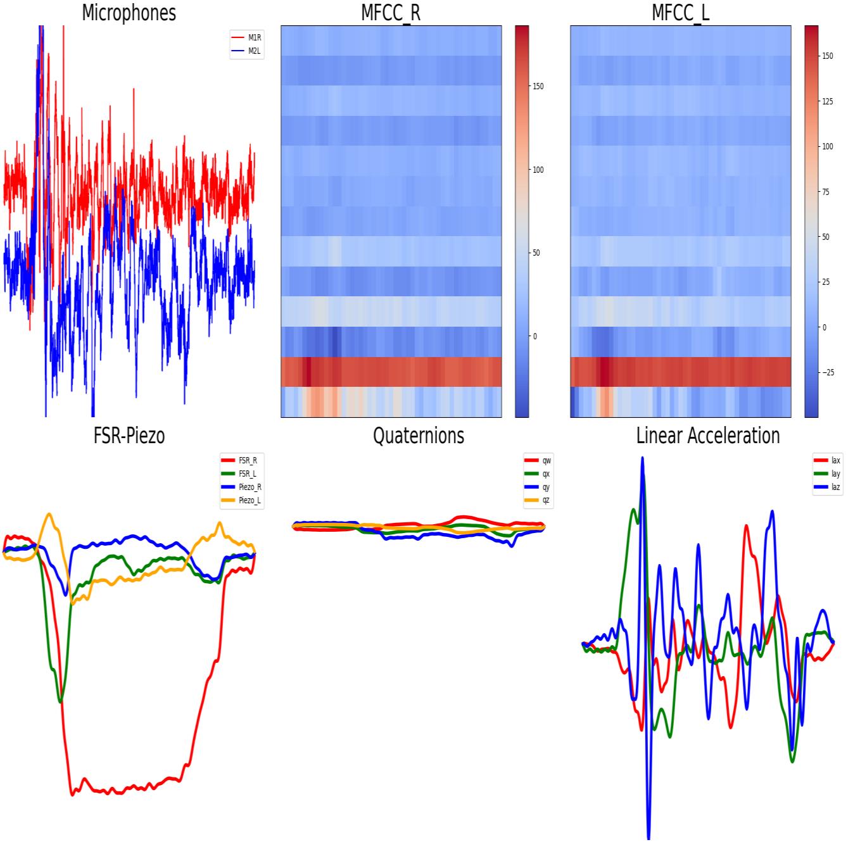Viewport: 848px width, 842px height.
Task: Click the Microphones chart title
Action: click(129, 12)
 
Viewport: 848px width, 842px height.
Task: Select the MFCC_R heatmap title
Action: click(391, 12)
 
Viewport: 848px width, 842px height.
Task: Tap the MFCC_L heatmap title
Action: click(680, 12)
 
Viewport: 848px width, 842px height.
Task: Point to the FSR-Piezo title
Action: click(129, 436)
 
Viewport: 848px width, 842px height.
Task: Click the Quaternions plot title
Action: click(419, 436)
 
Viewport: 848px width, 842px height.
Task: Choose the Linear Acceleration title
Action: click(708, 436)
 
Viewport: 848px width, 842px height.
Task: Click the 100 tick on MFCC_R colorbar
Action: click(538, 170)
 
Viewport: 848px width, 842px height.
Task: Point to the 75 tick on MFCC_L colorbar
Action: click(826, 192)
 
